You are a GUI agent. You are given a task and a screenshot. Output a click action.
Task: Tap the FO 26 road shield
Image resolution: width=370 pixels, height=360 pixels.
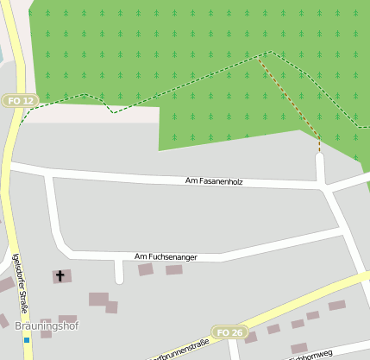click(230, 332)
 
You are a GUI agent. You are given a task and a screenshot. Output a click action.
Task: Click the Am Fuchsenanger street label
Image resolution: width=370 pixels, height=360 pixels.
click(165, 257)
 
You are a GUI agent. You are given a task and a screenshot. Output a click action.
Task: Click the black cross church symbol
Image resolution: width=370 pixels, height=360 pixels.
click(60, 276)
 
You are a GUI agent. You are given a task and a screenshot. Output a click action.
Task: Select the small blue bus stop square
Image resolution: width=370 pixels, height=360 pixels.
click(27, 340)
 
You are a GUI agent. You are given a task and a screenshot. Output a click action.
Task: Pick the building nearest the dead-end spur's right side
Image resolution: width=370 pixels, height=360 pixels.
click(145, 270)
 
